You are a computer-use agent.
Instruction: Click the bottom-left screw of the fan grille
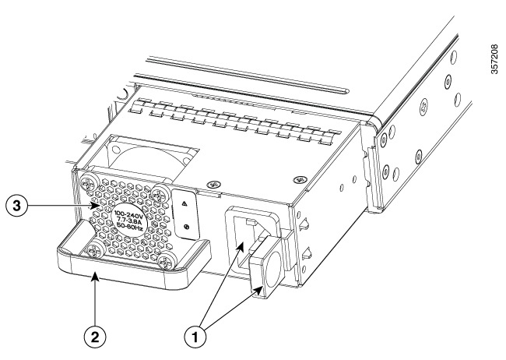tap(94, 252)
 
